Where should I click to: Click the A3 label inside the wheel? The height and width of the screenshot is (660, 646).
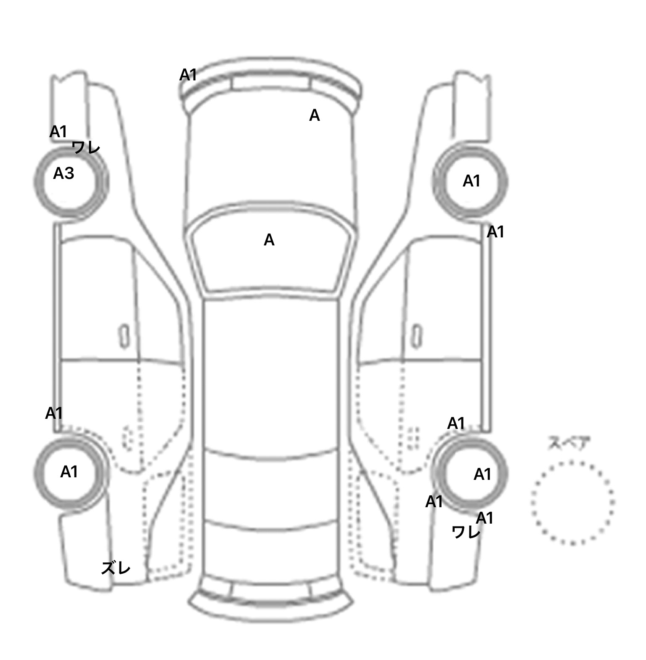(x=64, y=173)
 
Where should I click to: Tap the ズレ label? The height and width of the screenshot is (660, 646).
(x=116, y=568)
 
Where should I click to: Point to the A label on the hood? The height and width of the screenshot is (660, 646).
(x=314, y=115)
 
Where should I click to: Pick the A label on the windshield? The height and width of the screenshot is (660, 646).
(x=269, y=240)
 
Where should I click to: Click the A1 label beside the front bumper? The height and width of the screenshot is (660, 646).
(x=188, y=75)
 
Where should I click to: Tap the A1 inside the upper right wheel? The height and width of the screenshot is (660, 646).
(x=471, y=181)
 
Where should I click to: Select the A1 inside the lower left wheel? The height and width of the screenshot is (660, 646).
(x=69, y=472)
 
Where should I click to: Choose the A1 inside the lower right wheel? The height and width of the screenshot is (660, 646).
(x=482, y=474)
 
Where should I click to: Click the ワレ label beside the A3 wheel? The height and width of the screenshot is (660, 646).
(x=86, y=148)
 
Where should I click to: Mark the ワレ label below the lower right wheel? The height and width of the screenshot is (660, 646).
(x=466, y=533)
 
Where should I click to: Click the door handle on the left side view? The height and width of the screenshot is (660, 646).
(x=124, y=336)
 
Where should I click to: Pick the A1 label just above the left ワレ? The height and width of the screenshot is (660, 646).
(x=58, y=132)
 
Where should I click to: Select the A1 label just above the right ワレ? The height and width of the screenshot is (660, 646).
(x=484, y=518)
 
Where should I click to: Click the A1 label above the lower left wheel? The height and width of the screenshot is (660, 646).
(x=54, y=413)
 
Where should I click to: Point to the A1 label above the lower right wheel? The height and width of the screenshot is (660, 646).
(x=456, y=423)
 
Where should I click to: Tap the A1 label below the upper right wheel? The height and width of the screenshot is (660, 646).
(x=495, y=232)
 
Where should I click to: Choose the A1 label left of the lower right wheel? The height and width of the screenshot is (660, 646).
(x=434, y=502)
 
